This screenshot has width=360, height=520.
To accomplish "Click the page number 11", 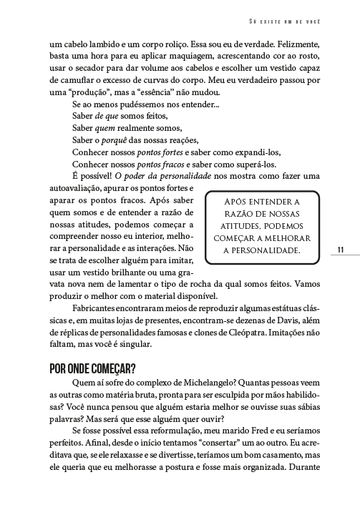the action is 341,249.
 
